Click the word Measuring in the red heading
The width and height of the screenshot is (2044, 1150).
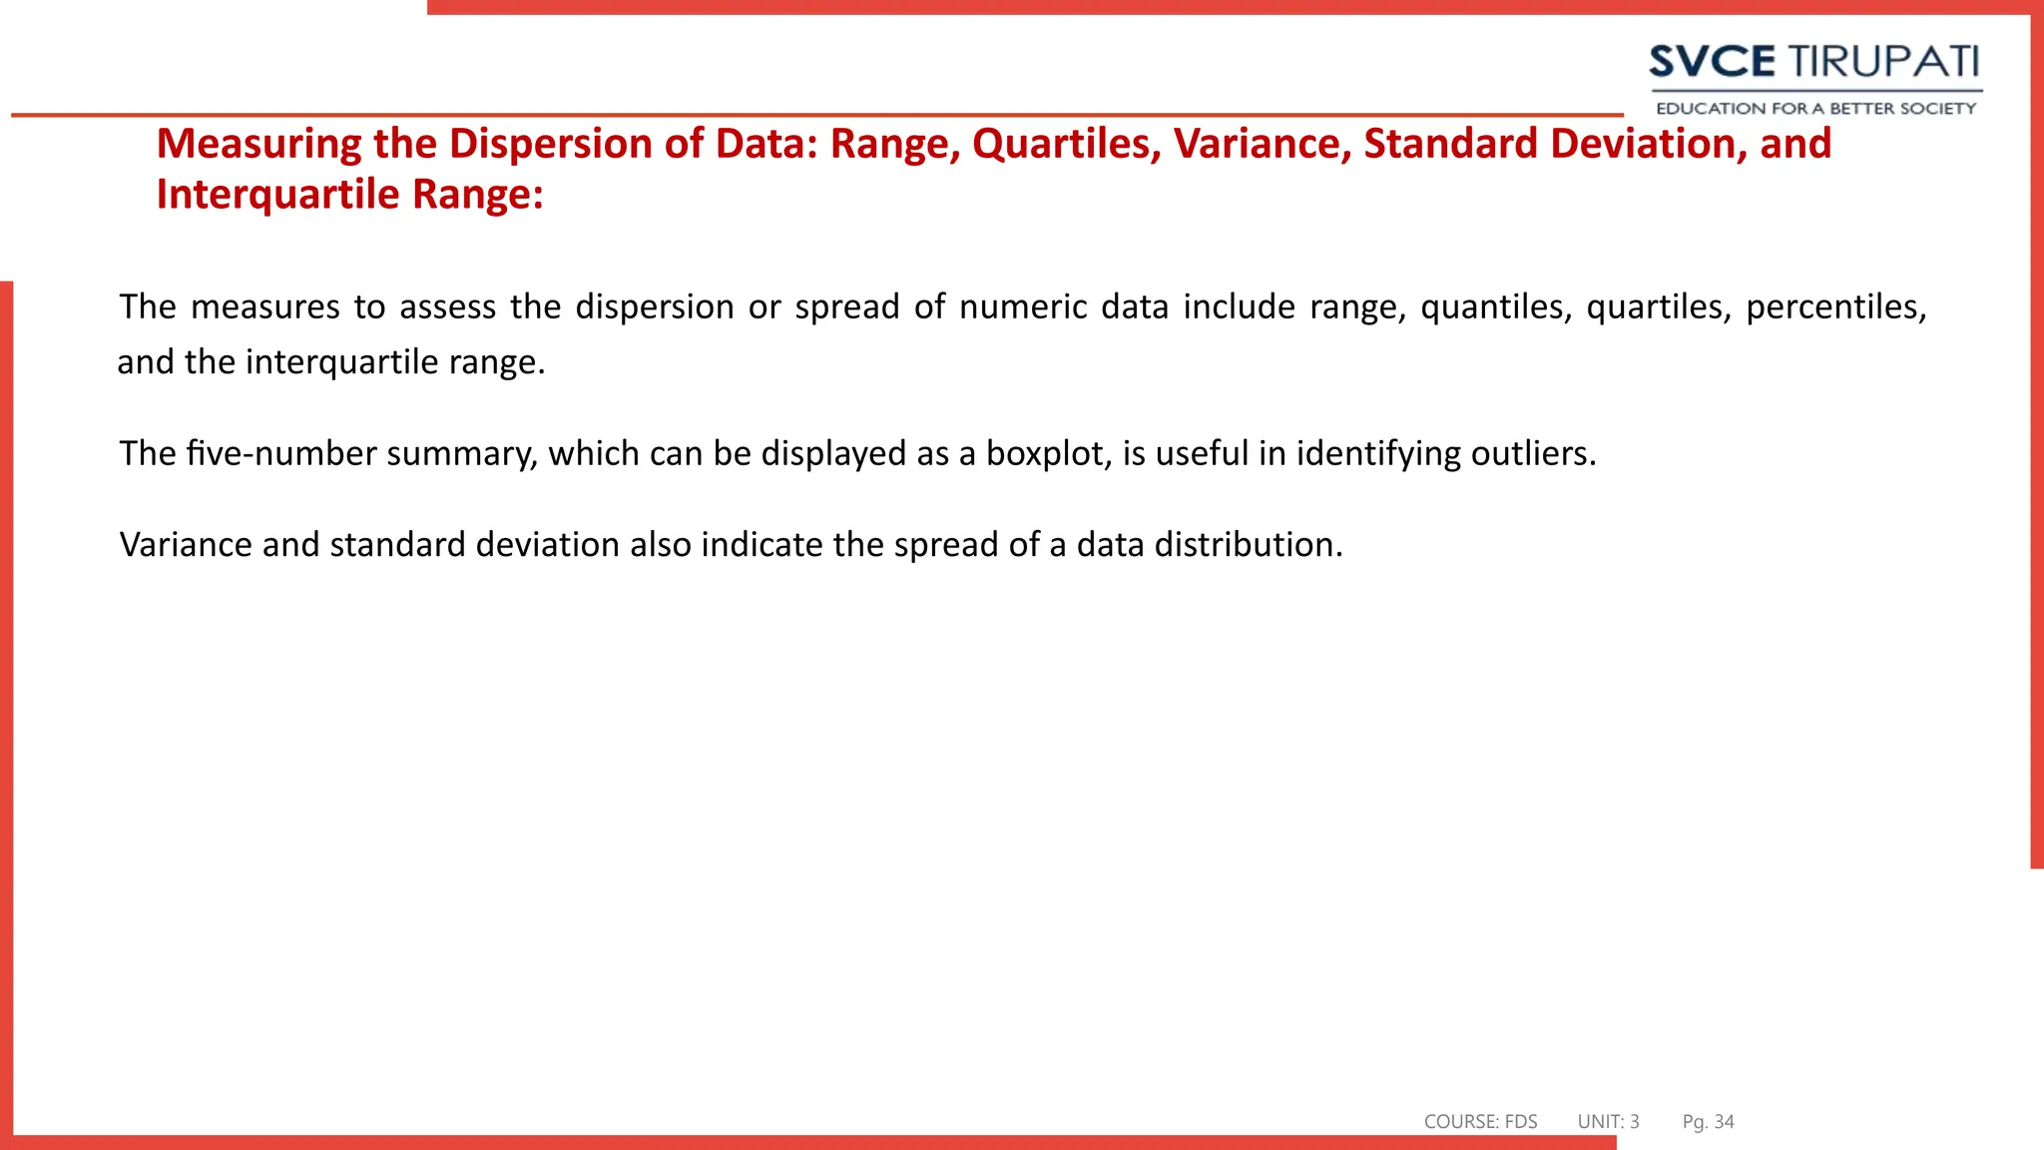coord(258,145)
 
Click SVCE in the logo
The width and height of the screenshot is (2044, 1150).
coord(1712,62)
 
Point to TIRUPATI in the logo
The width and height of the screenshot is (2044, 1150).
coord(1882,62)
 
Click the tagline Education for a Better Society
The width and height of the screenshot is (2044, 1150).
coord(1815,108)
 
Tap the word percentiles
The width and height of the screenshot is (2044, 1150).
coord(1835,307)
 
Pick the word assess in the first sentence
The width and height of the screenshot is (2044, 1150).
coord(447,307)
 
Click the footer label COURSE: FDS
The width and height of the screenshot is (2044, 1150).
coord(1480,1122)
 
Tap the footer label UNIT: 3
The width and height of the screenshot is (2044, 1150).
coord(1608,1122)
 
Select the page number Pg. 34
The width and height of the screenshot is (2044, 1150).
coord(1708,1122)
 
